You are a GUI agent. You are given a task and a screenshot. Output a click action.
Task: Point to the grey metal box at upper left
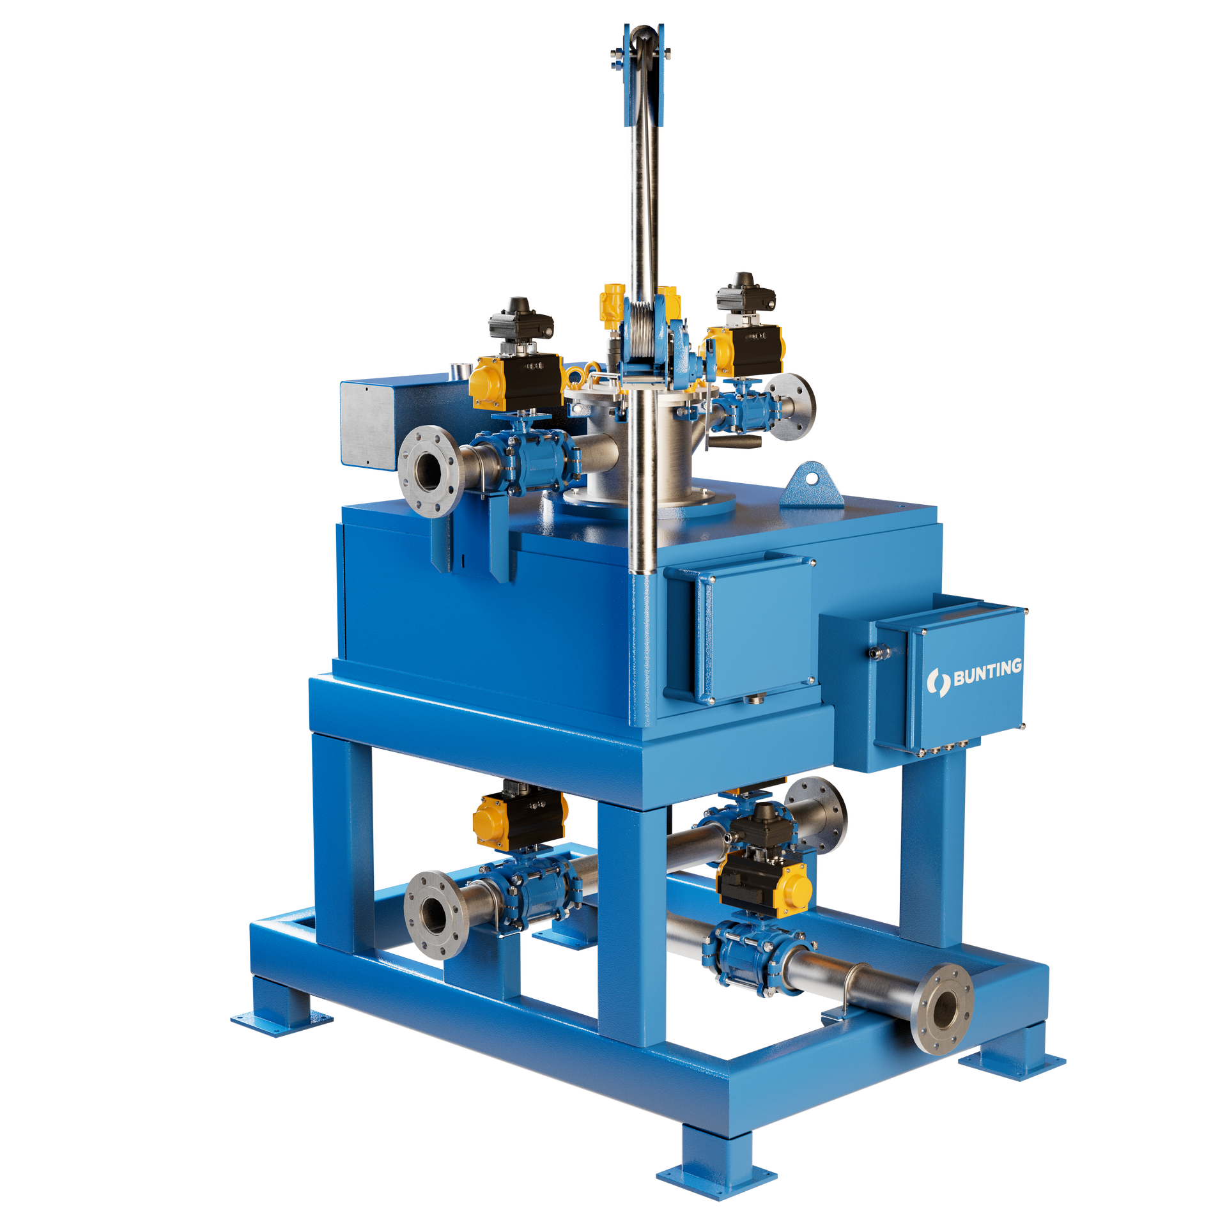369,425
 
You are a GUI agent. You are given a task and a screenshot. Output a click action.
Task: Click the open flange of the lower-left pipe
433,914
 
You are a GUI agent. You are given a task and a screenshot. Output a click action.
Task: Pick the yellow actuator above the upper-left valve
490,383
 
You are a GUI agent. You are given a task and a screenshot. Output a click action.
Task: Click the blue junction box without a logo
741,629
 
